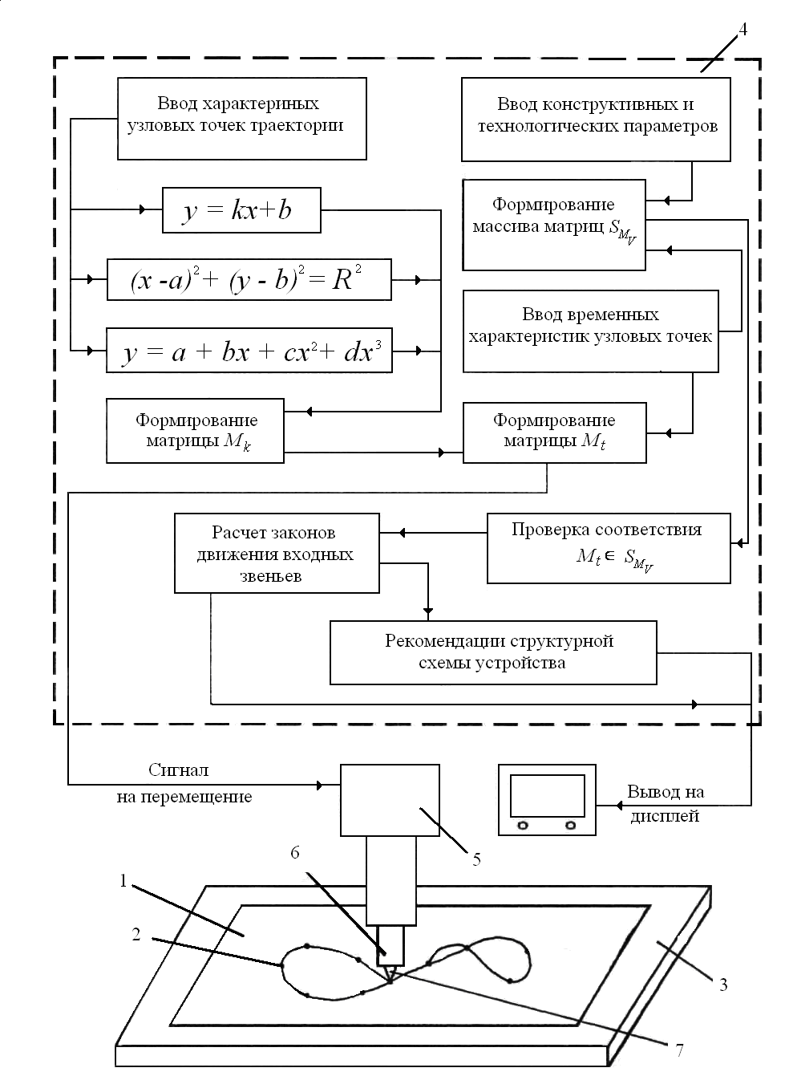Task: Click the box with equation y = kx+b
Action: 241,210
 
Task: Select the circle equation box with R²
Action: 249,279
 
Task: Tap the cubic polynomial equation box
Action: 249,351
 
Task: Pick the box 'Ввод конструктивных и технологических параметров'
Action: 596,119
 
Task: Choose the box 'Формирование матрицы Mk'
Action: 195,432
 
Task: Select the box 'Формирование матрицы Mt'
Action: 554,432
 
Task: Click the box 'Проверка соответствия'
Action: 608,548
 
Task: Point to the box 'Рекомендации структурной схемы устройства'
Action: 493,652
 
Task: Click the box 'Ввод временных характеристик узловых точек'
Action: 590,330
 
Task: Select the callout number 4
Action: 742,30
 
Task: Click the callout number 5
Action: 476,859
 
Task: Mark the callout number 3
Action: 722,984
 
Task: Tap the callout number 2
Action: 136,934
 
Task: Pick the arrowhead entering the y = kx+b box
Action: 144,210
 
